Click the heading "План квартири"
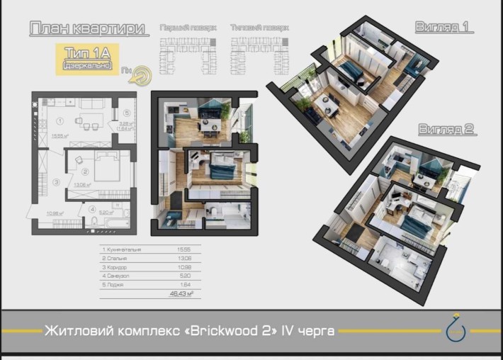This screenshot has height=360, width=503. pyautogui.click(x=89, y=29)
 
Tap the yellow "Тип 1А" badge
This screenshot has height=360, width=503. pyautogui.click(x=88, y=57)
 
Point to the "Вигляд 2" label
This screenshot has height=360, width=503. pyautogui.click(x=446, y=130)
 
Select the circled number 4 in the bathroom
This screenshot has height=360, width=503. pyautogui.click(x=93, y=209)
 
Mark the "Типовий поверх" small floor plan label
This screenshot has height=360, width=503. pyautogui.click(x=260, y=28)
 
